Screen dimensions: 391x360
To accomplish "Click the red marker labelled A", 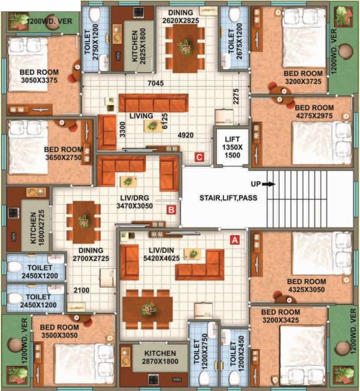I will (236, 240).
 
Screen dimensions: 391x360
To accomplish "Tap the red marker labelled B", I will (171, 210).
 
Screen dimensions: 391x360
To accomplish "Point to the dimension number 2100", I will (81, 290).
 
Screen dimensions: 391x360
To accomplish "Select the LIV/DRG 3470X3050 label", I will (134, 201).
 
